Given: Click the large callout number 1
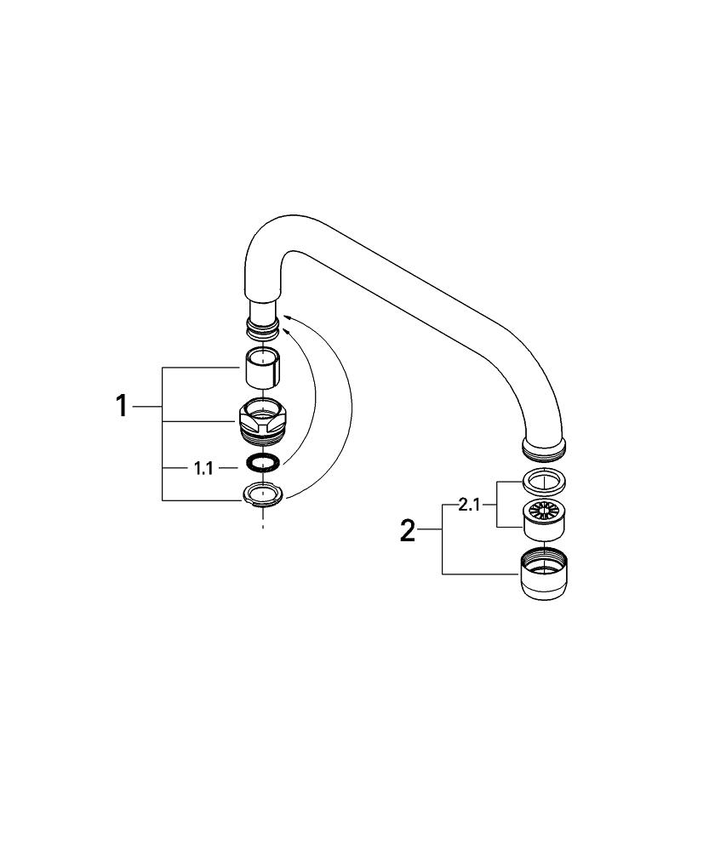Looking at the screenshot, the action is pyautogui.click(x=123, y=407).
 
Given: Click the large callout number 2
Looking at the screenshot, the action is pyautogui.click(x=407, y=531).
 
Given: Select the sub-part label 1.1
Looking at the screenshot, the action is pyautogui.click(x=203, y=469).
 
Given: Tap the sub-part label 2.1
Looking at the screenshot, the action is pyautogui.click(x=469, y=505).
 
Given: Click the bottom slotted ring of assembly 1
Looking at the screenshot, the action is pyautogui.click(x=263, y=495).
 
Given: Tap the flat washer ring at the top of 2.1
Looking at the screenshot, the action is pyautogui.click(x=545, y=480).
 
